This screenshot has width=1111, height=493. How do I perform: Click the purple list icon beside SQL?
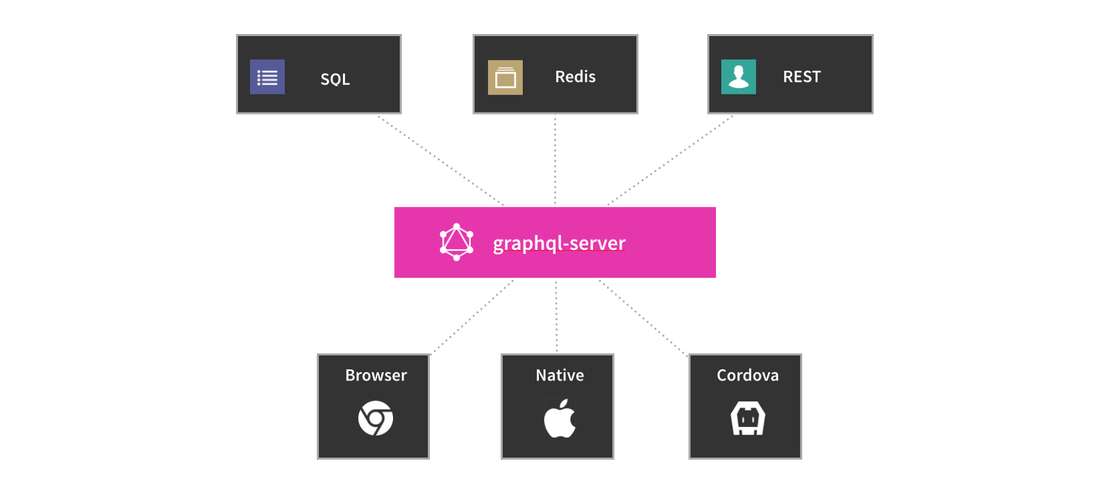coord(267,77)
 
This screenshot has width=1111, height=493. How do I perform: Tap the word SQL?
coord(335,79)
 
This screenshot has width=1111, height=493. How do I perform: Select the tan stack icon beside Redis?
coord(506,77)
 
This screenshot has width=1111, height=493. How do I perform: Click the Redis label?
coord(576,77)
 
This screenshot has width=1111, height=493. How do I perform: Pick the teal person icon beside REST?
coord(739,77)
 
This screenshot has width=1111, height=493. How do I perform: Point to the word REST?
coord(802,77)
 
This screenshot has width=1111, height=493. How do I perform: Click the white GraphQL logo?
coord(457,242)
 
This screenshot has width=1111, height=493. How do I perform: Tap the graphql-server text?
coord(559,244)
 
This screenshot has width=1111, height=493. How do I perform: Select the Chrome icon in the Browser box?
coord(376,418)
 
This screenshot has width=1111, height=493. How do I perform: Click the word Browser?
coord(376,376)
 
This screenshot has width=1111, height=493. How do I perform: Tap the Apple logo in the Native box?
coord(560,419)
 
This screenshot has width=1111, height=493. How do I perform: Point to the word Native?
coord(560,376)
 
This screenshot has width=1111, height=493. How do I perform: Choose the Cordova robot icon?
coord(748,418)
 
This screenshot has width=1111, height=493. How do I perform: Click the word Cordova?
coord(748,376)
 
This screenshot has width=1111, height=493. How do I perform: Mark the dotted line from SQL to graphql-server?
coord(441,160)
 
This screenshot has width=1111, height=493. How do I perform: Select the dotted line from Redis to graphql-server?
coord(555,160)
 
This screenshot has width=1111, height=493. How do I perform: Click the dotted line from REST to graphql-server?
coord(670,160)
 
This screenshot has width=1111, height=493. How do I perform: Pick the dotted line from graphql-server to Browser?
coord(472,317)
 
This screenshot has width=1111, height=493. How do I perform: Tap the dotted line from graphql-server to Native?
coord(556,317)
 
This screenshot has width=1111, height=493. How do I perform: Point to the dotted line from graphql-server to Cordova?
coord(643,318)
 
